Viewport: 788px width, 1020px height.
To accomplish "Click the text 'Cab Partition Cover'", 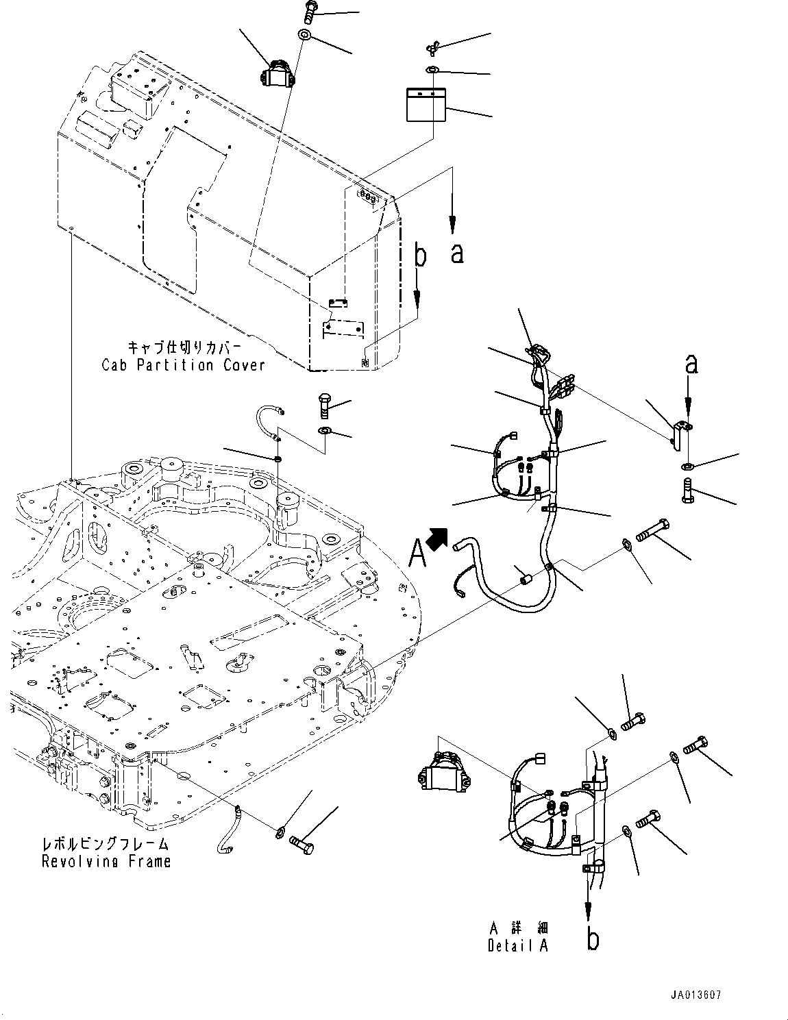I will point(183,365).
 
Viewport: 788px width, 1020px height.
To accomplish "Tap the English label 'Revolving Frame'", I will point(106,861).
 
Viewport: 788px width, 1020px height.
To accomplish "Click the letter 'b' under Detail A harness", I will point(593,938).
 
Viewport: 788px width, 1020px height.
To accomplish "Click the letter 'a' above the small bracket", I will point(691,364).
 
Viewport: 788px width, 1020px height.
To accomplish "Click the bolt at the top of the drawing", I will point(308,11).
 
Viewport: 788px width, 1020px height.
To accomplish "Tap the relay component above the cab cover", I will point(278,74).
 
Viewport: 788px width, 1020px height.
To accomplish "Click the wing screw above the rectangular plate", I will point(430,47).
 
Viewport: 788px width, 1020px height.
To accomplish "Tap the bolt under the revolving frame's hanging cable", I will point(304,845).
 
